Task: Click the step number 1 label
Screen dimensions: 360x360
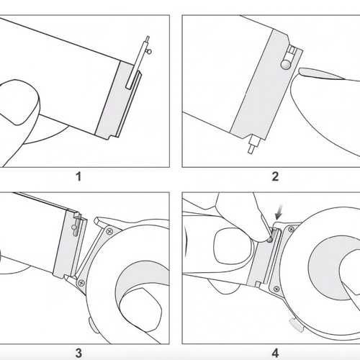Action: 78,177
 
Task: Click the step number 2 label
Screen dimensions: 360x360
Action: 275,177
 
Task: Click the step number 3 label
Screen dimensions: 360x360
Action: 78,354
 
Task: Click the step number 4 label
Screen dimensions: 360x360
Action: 275,354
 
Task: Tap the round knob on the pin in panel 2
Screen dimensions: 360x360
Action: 286,63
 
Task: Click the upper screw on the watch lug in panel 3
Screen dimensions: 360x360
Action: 110,231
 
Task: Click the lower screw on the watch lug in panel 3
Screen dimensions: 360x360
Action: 81,283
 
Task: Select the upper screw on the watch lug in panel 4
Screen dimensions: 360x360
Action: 291,230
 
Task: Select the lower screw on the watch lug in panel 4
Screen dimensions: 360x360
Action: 276,289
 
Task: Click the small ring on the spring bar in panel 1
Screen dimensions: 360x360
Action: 150,51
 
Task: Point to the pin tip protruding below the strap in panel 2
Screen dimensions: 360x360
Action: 251,149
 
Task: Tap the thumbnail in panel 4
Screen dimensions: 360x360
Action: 233,246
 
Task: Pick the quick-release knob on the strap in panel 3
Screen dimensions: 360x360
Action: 74,227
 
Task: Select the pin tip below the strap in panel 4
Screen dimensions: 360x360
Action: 258,284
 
